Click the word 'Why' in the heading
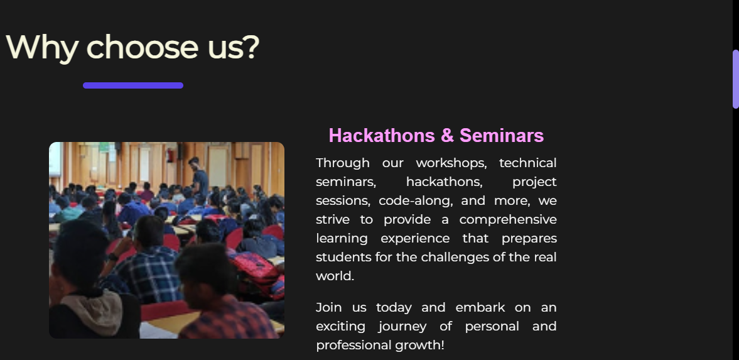click(x=41, y=47)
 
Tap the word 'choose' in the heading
click(x=143, y=46)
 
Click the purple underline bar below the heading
click(x=133, y=85)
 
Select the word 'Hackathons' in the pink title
click(x=382, y=136)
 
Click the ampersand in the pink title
click(x=447, y=136)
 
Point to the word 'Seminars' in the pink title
click(x=502, y=136)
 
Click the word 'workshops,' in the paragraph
click(x=451, y=163)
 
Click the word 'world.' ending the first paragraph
click(x=335, y=276)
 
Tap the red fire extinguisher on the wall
click(x=171, y=155)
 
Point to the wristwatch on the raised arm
click(x=112, y=257)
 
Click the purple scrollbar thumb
click(x=735, y=79)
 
